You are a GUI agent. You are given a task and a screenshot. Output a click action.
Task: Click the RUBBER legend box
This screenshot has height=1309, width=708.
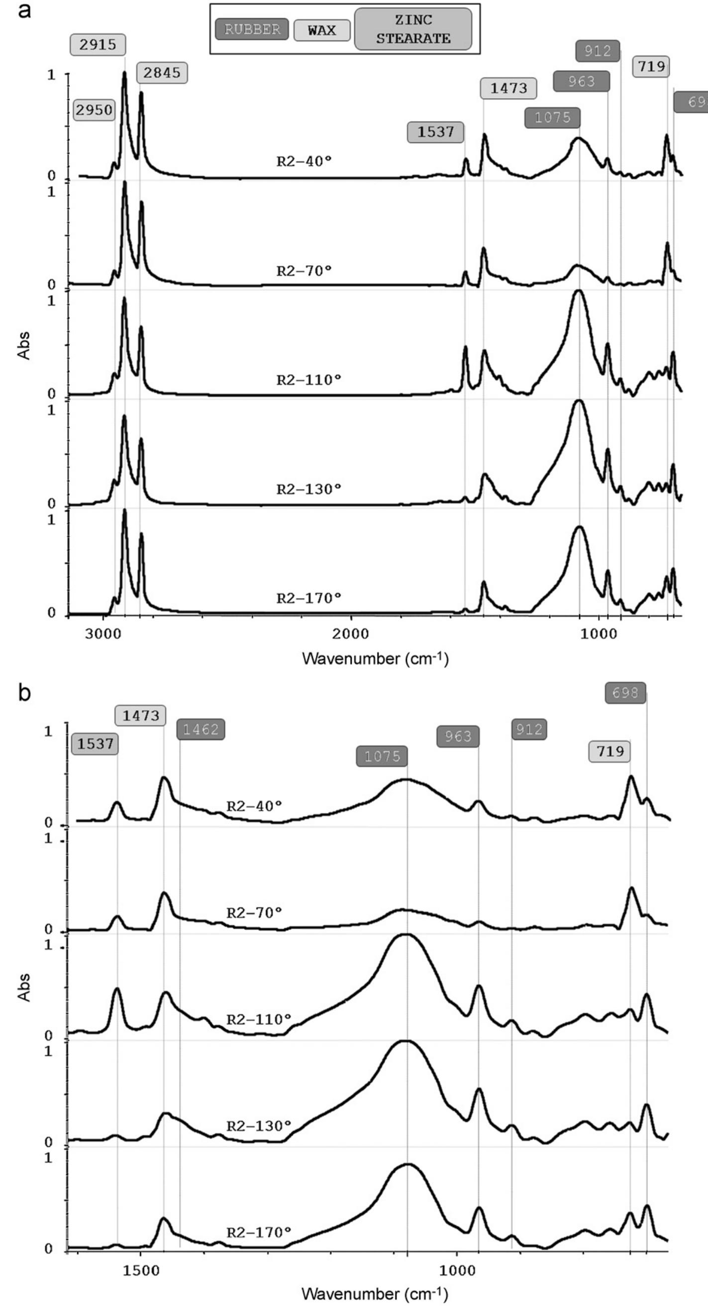tap(252, 29)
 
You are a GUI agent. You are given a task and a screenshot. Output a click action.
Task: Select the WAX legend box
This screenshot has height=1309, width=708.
tap(322, 30)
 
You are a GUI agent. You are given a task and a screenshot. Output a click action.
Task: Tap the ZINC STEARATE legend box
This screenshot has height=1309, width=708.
tap(413, 29)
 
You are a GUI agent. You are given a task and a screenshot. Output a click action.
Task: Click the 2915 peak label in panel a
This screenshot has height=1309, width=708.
tap(98, 45)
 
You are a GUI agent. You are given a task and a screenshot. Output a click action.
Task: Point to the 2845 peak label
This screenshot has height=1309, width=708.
tap(162, 73)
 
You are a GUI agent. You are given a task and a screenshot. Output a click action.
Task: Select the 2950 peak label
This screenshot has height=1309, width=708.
tap(95, 110)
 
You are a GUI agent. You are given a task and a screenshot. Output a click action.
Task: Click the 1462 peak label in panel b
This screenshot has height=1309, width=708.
tap(201, 730)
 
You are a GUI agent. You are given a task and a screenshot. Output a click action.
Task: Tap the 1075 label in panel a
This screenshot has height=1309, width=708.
tap(552, 118)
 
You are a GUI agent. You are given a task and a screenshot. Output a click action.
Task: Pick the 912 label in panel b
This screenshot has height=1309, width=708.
tap(529, 729)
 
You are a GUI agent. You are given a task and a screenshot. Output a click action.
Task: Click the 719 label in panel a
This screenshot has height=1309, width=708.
tap(652, 66)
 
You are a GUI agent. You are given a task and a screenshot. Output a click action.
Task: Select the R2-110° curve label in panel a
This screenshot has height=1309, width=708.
tap(308, 380)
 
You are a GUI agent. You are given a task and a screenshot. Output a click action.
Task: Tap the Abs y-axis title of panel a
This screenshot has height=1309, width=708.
tap(24, 346)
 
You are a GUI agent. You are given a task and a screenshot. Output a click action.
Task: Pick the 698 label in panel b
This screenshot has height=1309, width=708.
tap(625, 693)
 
